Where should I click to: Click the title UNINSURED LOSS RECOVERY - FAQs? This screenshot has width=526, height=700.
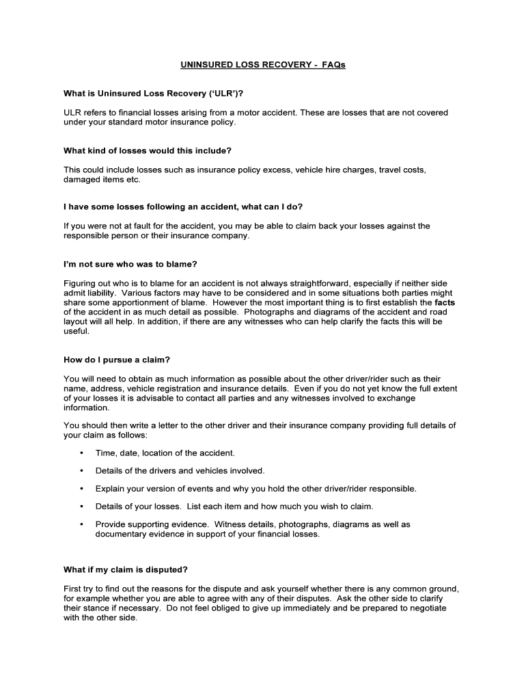pos(263,66)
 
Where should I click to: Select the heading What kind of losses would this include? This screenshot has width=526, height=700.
pos(148,150)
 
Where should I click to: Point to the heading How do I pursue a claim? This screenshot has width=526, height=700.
pos(116,360)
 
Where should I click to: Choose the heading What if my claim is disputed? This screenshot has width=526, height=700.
pos(125,569)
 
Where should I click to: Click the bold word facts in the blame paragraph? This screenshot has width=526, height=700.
pos(445,301)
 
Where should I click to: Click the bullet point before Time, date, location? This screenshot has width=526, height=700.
pos(82,453)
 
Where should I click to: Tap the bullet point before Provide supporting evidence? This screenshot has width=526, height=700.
pos(82,524)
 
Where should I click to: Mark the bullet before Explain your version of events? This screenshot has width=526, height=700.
pos(82,489)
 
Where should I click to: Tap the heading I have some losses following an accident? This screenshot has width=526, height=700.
pos(182,207)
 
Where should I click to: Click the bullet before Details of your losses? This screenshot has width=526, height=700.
pos(82,507)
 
